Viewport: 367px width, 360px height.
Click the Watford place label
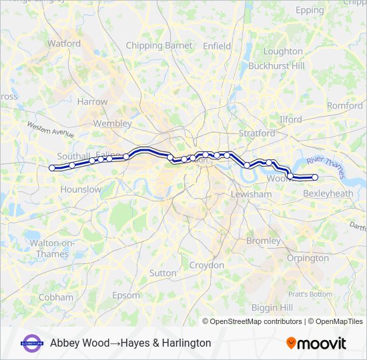pos(64,44)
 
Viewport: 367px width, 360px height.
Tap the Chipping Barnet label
pos(159,45)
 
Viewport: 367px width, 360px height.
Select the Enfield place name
pos(217,46)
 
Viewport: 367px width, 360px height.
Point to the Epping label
pos(310,11)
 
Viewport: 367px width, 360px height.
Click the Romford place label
pos(345,106)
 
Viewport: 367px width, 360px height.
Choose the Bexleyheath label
pos(328,193)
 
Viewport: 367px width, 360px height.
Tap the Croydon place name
pos(207,265)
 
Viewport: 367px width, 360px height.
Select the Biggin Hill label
pos(272,307)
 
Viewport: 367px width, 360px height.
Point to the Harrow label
pos(92,102)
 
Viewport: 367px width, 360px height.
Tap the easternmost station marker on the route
pos(315,177)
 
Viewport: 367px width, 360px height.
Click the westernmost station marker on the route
pos(52,168)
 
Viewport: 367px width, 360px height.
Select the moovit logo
pos(316,343)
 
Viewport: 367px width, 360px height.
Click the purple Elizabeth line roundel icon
pos(32,343)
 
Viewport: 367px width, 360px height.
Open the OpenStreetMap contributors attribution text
pos(256,321)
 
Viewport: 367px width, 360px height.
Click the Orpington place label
pos(308,258)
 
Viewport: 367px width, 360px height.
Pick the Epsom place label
pos(126,295)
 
